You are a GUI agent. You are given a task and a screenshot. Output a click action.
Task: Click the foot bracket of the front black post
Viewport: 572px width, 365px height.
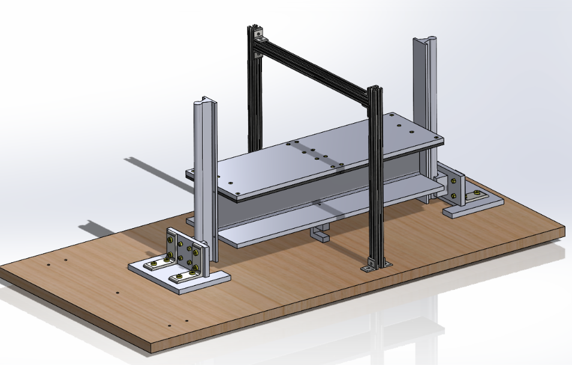[375, 264]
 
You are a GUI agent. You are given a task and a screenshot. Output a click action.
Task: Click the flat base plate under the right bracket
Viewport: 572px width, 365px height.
[474, 205]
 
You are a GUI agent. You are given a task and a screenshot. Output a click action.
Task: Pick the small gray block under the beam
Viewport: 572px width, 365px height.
[320, 234]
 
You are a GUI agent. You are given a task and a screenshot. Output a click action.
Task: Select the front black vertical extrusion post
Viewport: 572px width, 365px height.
[376, 180]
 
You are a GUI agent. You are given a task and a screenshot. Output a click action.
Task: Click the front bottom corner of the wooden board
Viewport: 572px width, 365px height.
[153, 351]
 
